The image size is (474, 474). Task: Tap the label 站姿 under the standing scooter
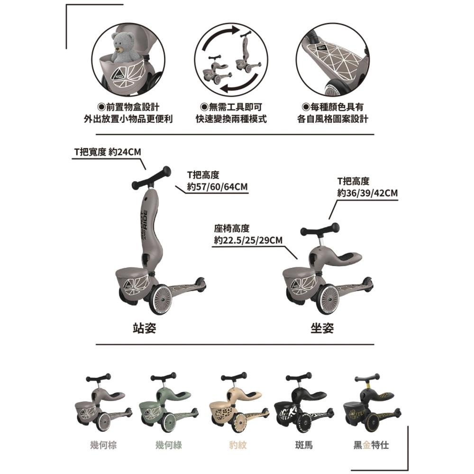(x=145, y=328)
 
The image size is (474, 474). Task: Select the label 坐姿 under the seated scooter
(x=322, y=328)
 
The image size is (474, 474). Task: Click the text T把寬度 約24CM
(x=108, y=152)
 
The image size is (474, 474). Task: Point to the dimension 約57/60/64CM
(x=218, y=187)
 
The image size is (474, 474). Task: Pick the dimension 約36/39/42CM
(x=368, y=193)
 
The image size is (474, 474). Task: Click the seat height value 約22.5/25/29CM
(x=248, y=240)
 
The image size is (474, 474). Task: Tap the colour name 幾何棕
(x=103, y=445)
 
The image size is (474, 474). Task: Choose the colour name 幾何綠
(x=169, y=445)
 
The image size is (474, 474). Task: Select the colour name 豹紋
(x=238, y=445)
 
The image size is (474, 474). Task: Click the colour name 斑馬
(x=304, y=445)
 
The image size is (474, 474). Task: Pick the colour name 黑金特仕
(x=371, y=445)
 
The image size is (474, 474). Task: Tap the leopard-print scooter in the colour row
(x=239, y=402)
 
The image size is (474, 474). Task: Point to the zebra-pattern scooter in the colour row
(x=304, y=402)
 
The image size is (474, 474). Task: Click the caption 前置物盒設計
(x=128, y=107)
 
